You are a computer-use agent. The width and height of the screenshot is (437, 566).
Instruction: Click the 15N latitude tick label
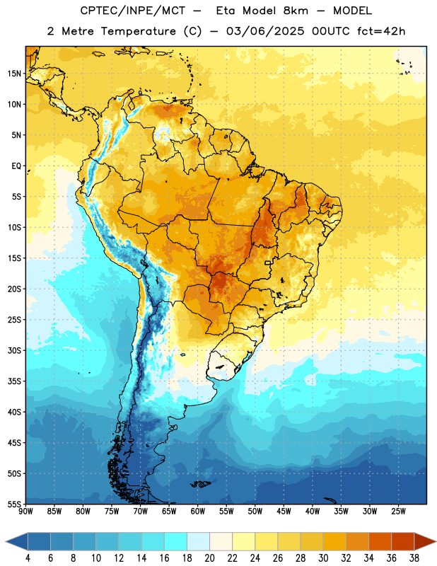point(14,74)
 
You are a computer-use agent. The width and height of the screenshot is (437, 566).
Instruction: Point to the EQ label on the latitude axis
point(16,166)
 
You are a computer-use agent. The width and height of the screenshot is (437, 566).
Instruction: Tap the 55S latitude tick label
point(14,504)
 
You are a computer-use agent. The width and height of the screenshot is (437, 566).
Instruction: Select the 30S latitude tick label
point(14,350)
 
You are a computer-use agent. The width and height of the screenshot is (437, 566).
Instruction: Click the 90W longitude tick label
point(26,512)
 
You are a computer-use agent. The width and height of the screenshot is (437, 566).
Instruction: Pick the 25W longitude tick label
point(398,512)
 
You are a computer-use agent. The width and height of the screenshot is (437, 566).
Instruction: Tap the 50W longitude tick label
point(255,512)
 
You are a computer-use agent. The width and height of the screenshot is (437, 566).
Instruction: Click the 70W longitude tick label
point(141,512)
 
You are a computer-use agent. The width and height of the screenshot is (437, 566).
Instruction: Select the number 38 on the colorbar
point(414,558)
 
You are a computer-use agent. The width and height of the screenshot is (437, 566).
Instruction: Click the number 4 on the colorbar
point(28,558)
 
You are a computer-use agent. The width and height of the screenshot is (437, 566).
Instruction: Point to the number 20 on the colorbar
point(209,558)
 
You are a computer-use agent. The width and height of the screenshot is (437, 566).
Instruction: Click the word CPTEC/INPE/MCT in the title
point(133,11)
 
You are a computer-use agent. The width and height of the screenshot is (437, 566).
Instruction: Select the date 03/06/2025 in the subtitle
point(265,31)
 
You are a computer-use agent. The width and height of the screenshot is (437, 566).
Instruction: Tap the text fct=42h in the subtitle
point(381,31)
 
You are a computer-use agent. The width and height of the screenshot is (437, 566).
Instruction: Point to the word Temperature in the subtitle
point(138,31)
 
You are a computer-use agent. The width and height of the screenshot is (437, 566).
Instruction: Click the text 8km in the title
point(296,11)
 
